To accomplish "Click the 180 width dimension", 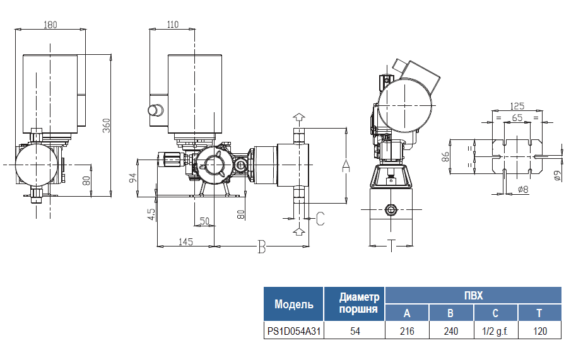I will point(50,25).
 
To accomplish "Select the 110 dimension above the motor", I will point(173,25).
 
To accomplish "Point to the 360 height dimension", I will point(107,125).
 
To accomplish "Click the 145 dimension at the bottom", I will point(185,241).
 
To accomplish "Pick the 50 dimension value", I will point(204,221).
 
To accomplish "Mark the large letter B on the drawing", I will point(262,247).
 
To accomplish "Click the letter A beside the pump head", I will point(345,165).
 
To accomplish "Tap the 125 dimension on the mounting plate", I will point(517,106).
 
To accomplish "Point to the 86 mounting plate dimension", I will point(445,156).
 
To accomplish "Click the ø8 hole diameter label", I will point(522,189).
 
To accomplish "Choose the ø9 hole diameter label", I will point(557,176).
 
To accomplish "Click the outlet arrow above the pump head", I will point(299,117).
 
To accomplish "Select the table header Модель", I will point(293,305).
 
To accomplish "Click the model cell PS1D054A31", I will point(294,331).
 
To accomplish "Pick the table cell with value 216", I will point(407,331).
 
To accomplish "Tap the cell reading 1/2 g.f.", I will point(495,331).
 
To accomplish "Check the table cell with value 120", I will point(539,331).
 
